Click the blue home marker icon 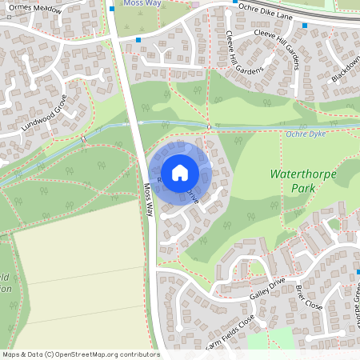coord(180,172)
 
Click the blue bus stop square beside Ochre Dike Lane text coord(234,2)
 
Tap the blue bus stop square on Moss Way coord(138,38)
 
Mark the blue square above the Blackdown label coord(305,25)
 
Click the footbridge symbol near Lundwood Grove coord(83,139)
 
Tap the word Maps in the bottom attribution coord(11,354)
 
